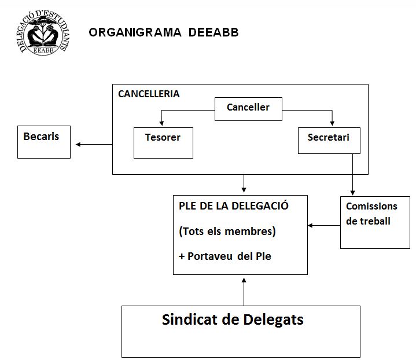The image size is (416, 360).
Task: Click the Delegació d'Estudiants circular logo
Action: click(x=43, y=32)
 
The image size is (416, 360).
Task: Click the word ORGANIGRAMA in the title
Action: click(x=135, y=32)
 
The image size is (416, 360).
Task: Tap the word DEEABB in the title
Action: click(x=213, y=32)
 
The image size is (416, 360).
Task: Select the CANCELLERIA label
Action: click(x=149, y=94)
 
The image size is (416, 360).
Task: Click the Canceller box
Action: click(x=248, y=109)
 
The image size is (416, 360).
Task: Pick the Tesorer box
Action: click(x=163, y=143)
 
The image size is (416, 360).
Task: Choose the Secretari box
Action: click(x=329, y=141)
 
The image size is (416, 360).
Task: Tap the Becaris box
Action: click(x=44, y=142)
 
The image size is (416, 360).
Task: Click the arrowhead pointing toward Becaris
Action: click(x=78, y=145)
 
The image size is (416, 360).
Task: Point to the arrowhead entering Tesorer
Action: click(x=161, y=123)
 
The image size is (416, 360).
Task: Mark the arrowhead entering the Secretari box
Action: click(x=332, y=123)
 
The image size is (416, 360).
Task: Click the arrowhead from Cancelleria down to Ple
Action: click(x=244, y=190)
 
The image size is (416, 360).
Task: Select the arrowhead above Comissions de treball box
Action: click(x=352, y=193)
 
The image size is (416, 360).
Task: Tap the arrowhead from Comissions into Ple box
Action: click(x=310, y=226)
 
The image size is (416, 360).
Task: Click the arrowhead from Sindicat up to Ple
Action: click(x=244, y=281)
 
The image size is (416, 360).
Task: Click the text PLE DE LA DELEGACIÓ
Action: click(x=234, y=206)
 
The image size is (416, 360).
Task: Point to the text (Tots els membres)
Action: click(x=227, y=232)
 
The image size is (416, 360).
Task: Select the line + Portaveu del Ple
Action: click(x=225, y=256)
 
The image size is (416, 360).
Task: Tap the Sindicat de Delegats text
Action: click(x=233, y=319)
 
